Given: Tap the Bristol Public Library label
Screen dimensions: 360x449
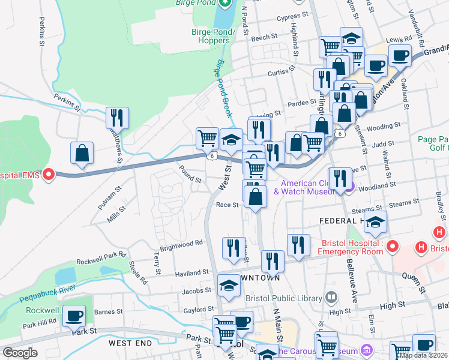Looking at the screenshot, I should pyautogui.click(x=284, y=298).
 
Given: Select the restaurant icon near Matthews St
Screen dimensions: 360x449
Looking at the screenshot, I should pyautogui.click(x=118, y=117).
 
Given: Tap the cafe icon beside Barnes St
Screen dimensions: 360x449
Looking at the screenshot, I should pyautogui.click(x=74, y=316).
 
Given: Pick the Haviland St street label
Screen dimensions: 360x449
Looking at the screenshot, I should pyautogui.click(x=191, y=272).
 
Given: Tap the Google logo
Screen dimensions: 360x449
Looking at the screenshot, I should pyautogui.click(x=20, y=353).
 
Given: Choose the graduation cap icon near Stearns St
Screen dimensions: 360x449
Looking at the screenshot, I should pyautogui.click(x=375, y=223).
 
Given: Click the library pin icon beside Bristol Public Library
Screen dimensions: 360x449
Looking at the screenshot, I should pyautogui.click(x=331, y=297).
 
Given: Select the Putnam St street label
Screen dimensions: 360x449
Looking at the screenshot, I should pyautogui.click(x=109, y=197).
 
